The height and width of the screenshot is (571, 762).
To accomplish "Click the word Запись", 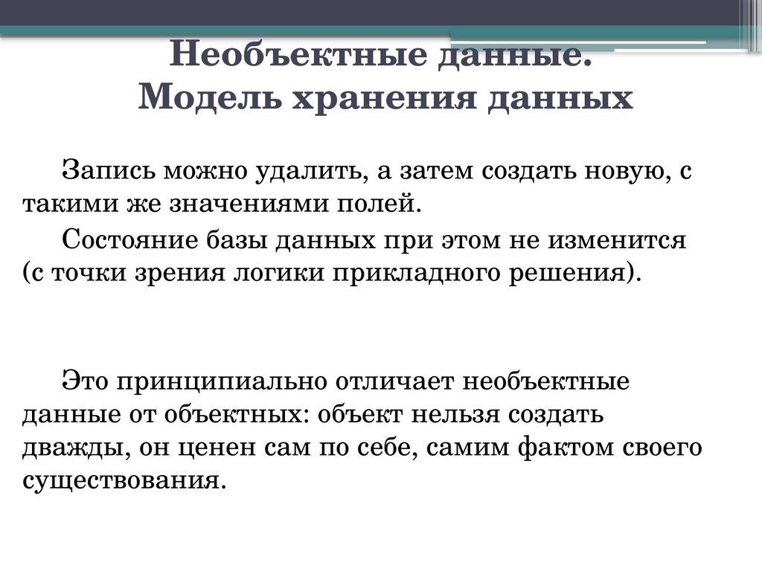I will pyautogui.click(x=108, y=172).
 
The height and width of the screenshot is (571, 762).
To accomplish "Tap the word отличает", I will pyautogui.click(x=395, y=381).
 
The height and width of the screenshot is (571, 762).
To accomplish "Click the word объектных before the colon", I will pyautogui.click(x=240, y=414).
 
